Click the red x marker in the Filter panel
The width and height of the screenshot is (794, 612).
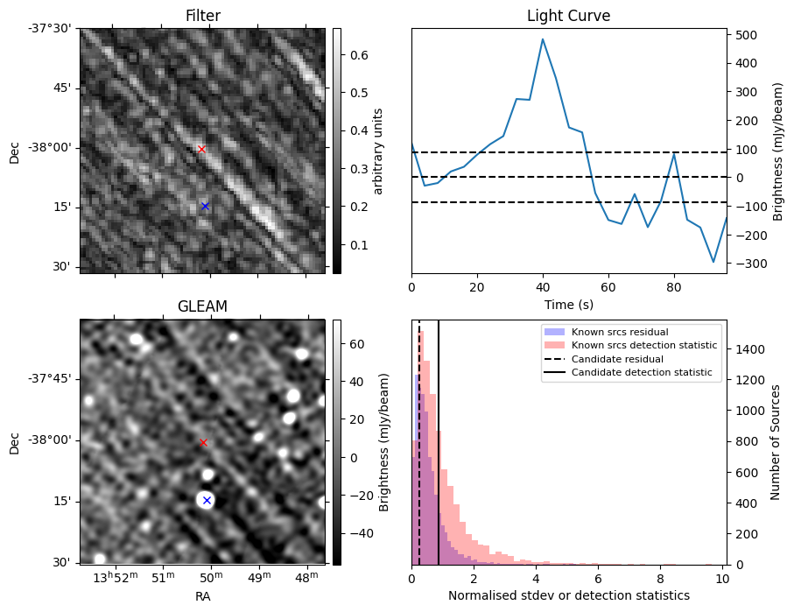201,149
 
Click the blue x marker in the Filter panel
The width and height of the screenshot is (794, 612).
205,206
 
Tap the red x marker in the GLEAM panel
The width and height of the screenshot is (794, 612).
203,442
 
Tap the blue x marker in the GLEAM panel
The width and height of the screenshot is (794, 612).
207,500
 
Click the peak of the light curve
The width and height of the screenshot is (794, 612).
543,39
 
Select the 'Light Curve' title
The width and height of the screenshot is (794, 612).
568,16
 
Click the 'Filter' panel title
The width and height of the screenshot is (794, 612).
203,16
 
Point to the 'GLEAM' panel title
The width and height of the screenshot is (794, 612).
202,306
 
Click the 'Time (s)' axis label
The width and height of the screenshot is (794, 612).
568,304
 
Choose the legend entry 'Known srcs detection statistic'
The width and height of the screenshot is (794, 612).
643,345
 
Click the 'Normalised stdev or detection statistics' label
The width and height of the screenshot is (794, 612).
568,595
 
